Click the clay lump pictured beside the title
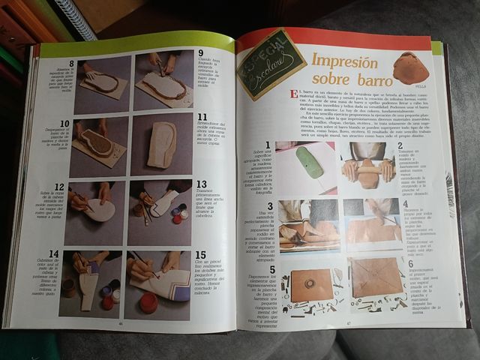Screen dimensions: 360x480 click(411, 66)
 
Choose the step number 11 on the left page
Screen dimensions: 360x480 click(202, 118)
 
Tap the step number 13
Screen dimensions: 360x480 click(201, 184)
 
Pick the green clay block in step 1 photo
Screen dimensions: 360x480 click(308, 161)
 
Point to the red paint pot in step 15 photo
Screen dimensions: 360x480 click(148, 303)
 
